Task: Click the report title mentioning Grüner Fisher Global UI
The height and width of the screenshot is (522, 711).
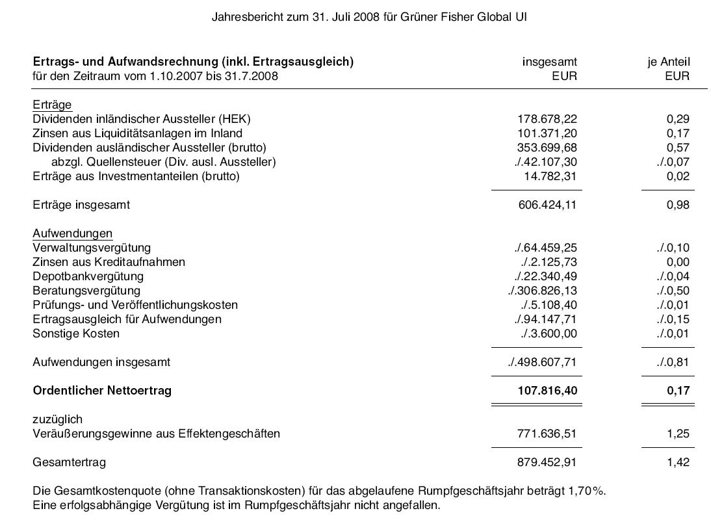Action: pos(368,17)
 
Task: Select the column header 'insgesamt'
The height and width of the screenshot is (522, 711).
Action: pos(549,62)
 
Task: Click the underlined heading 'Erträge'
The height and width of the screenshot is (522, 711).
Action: pos(52,105)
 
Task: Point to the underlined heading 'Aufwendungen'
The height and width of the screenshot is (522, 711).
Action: pos(72,233)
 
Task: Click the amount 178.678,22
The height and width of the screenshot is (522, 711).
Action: pos(547,119)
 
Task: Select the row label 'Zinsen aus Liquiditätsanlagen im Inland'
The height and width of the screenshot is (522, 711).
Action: pos(137,133)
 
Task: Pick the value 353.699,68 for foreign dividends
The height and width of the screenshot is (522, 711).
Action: pos(547,148)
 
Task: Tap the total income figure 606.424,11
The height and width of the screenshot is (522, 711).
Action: pos(547,205)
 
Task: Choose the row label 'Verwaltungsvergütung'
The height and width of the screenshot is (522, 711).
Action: pos(92,248)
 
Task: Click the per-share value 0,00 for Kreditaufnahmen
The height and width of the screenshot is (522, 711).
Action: pos(678,262)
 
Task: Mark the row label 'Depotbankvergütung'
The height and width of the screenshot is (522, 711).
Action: pos(88,276)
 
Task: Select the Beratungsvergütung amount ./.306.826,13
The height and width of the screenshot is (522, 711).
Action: pos(542,291)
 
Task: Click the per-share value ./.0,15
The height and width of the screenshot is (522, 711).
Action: pos(673,319)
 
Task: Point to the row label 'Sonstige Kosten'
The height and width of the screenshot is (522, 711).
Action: pos(76,333)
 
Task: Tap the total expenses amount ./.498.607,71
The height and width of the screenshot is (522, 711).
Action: pos(542,362)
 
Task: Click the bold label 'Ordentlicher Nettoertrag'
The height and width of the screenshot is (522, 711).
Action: pos(102,391)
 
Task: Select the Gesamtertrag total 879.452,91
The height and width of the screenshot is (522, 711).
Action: pos(547,462)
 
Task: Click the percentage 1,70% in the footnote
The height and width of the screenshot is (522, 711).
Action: pos(588,491)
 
